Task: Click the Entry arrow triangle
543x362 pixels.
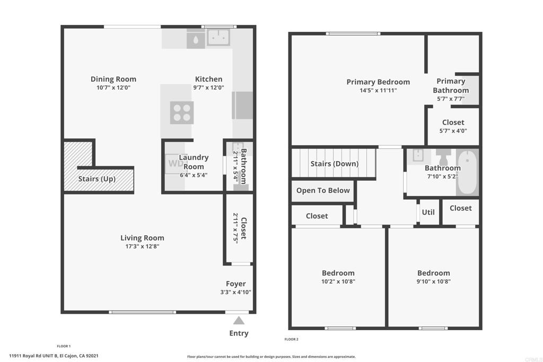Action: (x=239, y=321)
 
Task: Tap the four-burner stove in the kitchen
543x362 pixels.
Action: (x=182, y=112)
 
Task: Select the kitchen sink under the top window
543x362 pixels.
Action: (x=218, y=38)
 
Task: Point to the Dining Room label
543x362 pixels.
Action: (x=113, y=79)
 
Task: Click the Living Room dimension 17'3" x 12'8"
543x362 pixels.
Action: (x=142, y=246)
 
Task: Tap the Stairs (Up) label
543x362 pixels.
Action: (x=97, y=179)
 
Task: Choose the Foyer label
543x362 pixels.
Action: (x=236, y=284)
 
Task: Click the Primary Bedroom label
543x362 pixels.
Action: (x=378, y=82)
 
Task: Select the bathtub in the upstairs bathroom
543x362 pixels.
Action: (x=467, y=172)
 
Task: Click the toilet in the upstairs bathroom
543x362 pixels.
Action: (x=443, y=157)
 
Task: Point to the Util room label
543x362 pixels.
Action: (x=428, y=212)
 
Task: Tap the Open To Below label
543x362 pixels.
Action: (x=323, y=190)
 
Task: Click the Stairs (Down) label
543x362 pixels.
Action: (x=334, y=164)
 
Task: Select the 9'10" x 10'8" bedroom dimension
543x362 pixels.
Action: (x=434, y=281)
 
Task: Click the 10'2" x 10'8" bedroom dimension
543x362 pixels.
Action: (x=338, y=281)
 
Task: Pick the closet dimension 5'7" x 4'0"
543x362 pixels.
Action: (x=453, y=131)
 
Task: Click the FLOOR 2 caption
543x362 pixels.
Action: (x=291, y=339)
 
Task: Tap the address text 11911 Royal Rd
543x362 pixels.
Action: (x=33, y=356)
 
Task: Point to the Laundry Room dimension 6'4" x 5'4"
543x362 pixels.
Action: (x=194, y=175)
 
